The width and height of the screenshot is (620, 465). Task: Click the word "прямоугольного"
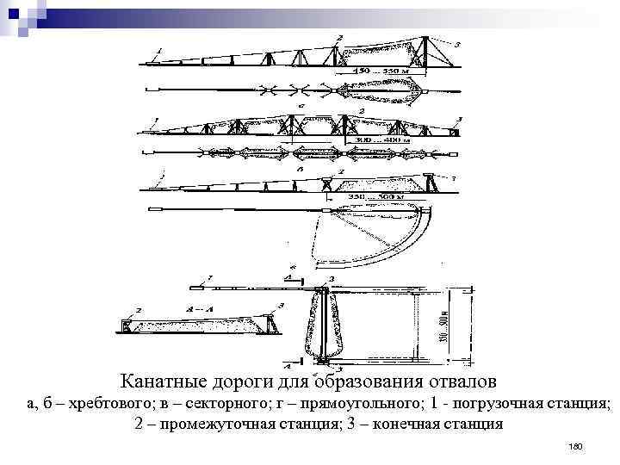pyautogui.click(x=365, y=403)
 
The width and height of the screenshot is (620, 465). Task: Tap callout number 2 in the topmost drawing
pyautogui.click(x=339, y=37)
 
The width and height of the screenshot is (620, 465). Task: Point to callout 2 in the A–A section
pyautogui.click(x=138, y=308)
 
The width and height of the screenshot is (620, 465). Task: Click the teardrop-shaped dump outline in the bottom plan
pyautogui.click(x=320, y=326)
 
